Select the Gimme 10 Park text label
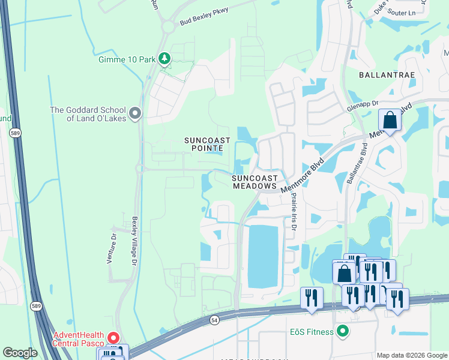[127, 59]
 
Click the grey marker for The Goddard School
[136, 113]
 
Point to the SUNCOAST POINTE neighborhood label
[207, 143]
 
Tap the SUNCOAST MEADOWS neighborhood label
[255, 182]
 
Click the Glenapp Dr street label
[363, 106]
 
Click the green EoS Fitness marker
[343, 331]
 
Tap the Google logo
[20, 353]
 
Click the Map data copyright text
[412, 355]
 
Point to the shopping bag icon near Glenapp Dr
[390, 121]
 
